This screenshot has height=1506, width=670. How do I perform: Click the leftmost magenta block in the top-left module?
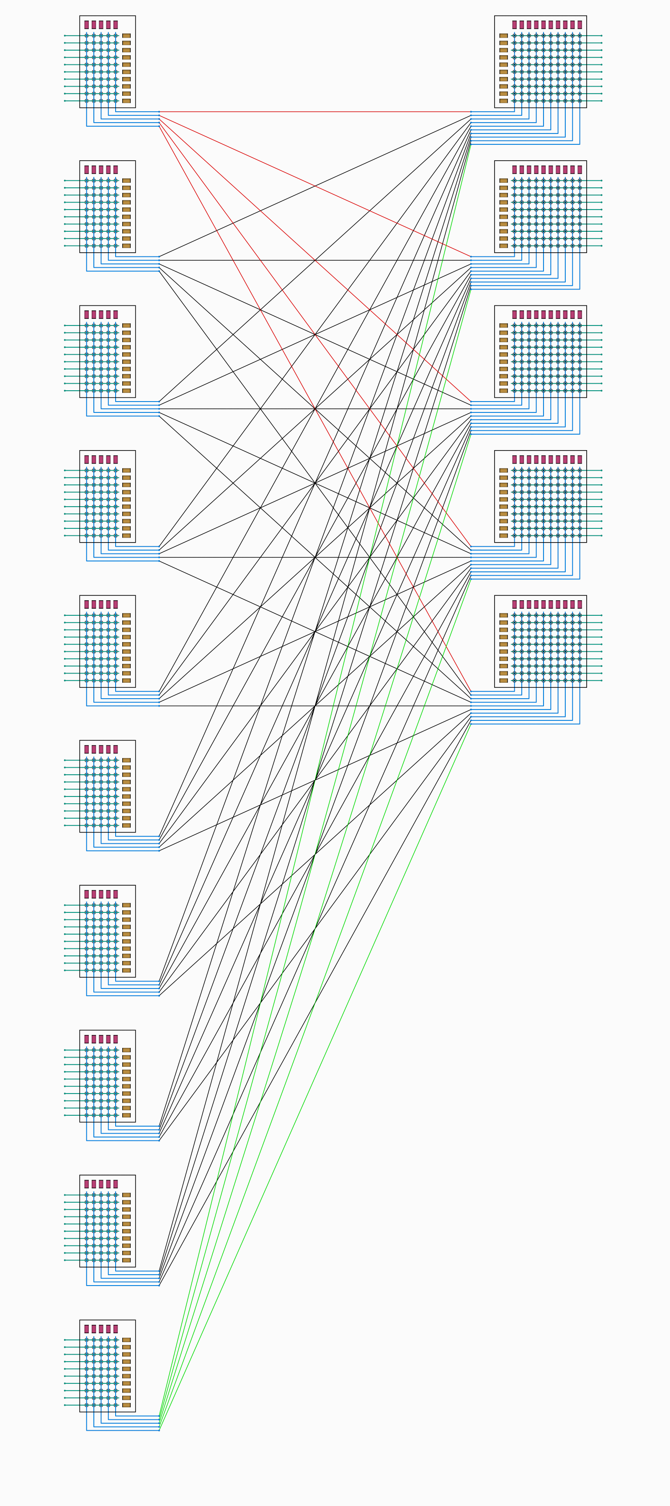87,25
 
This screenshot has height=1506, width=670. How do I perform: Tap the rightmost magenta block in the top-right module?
580,25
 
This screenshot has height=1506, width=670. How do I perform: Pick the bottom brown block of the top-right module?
503,100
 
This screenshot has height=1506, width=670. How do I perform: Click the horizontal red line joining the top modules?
316,112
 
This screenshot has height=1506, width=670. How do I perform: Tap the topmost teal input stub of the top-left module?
70,35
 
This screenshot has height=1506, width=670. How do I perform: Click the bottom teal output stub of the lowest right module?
594,681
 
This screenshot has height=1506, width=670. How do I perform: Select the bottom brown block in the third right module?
503,391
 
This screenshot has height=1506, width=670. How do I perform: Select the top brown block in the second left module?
126,181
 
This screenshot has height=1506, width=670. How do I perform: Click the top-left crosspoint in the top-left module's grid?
87,35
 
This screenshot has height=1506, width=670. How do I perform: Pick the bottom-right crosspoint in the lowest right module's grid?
580,681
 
